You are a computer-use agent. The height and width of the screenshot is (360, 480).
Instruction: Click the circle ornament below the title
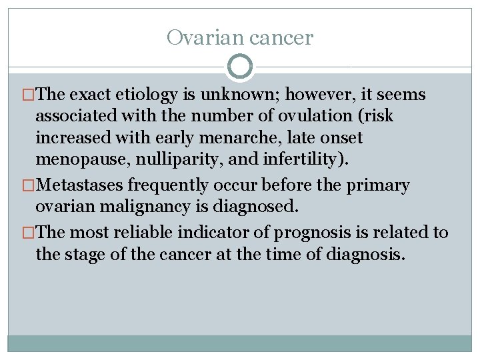pyautogui.click(x=240, y=67)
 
